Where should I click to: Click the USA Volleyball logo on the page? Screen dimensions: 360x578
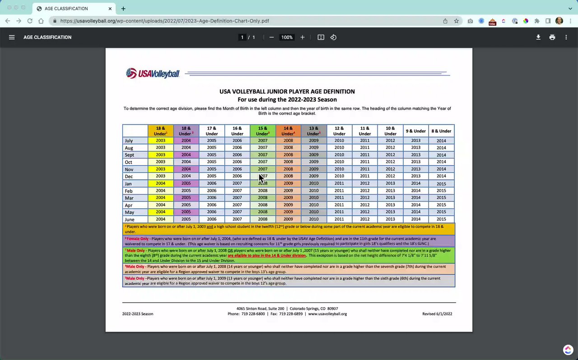(x=153, y=74)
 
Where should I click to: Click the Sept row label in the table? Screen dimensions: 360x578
(x=129, y=155)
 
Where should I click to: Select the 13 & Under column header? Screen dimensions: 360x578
(x=313, y=131)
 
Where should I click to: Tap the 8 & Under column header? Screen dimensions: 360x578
(x=441, y=131)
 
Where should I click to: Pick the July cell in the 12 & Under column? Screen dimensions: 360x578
(x=339, y=140)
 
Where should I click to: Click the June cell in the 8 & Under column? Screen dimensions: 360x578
(x=441, y=220)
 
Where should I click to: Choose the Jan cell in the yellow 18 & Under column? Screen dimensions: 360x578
(x=161, y=183)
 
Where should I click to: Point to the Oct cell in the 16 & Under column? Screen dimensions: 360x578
(x=237, y=162)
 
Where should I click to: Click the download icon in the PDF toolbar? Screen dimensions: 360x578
(x=538, y=37)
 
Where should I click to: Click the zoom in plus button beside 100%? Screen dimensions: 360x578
(x=303, y=37)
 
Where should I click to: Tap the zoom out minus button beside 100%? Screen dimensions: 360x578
(x=271, y=37)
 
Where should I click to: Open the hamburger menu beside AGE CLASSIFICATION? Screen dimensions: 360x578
(x=12, y=37)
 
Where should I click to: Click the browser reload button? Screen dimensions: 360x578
(x=30, y=21)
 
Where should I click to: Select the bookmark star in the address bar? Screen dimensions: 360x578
(x=457, y=21)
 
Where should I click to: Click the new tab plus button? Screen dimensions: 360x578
(x=123, y=9)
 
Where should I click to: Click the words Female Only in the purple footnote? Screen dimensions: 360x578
(x=138, y=238)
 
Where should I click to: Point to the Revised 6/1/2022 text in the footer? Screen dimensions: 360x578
(x=437, y=314)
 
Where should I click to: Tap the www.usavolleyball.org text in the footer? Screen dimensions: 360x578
(x=327, y=314)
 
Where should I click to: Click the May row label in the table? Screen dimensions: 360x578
(x=129, y=212)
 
